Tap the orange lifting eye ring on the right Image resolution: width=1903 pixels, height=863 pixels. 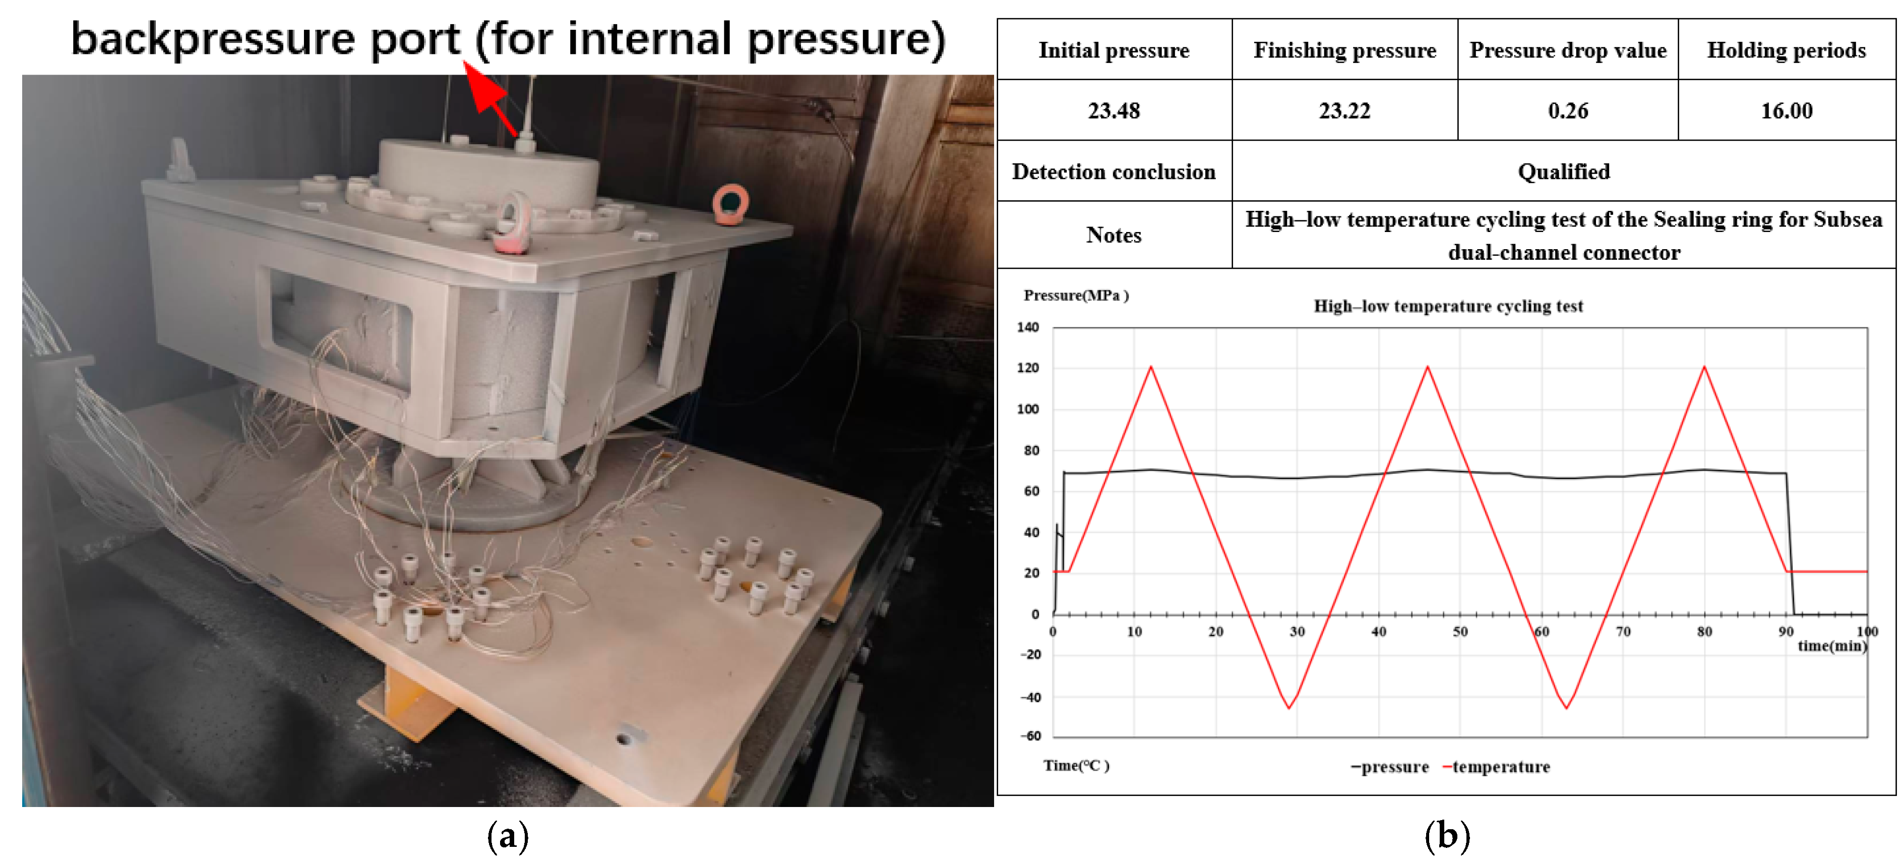pos(730,205)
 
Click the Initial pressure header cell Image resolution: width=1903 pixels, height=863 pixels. pos(1114,50)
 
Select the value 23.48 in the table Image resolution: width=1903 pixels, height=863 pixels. pos(1114,111)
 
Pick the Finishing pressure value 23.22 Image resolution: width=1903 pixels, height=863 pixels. pos(1344,111)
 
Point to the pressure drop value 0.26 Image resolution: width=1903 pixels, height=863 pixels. pos(1568,111)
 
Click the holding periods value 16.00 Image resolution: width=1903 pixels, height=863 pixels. pos(1786,111)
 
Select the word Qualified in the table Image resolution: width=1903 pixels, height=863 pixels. pos(1564,171)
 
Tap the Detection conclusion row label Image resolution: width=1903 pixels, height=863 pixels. pos(1114,171)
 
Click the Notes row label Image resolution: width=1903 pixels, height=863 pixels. pos(1114,235)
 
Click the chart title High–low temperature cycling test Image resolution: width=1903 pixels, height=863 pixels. pos(1448,306)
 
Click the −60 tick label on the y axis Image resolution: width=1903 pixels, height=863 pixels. pos(1030,736)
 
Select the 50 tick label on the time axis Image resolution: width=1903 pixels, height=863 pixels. pos(1460,631)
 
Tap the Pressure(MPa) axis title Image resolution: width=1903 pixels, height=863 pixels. pos(1076,296)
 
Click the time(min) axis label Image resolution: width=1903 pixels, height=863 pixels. pos(1832,646)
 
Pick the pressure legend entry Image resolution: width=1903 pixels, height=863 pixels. pos(1390,767)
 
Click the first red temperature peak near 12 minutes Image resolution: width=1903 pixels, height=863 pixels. pos(1150,367)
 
